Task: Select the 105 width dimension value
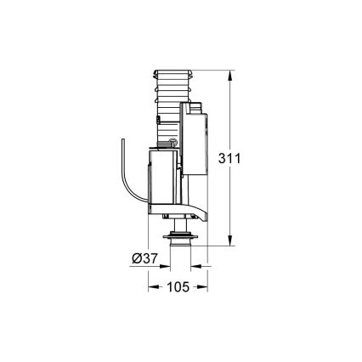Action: tap(177, 287)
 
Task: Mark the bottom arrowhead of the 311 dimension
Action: tap(229, 243)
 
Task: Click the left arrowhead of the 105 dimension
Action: tap(153, 287)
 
